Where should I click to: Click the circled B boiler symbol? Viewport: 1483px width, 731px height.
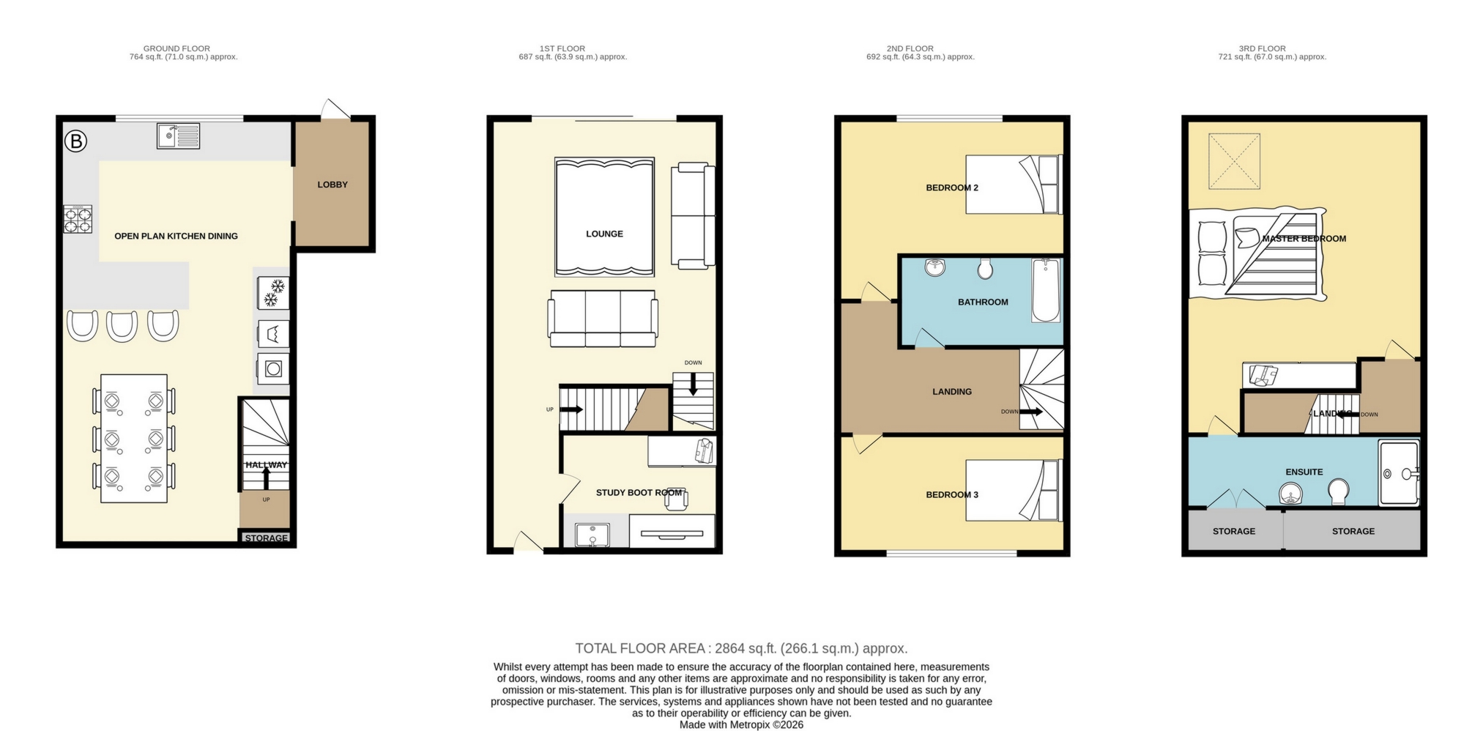click(x=75, y=141)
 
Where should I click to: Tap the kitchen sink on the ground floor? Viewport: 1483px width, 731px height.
click(x=178, y=136)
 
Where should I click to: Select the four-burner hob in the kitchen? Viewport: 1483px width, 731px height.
click(x=78, y=219)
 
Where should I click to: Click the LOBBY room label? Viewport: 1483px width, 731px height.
click(x=332, y=185)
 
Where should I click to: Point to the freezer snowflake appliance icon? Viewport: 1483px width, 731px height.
click(x=274, y=292)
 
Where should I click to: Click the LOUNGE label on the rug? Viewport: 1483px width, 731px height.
click(x=604, y=234)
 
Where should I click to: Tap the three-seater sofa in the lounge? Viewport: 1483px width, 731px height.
click(x=602, y=319)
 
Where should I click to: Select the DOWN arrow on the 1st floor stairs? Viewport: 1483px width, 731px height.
click(x=693, y=385)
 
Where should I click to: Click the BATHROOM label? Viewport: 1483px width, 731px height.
click(x=983, y=302)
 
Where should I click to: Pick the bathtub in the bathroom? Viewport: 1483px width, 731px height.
click(x=1045, y=290)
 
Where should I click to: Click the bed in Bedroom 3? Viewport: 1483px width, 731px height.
click(x=1013, y=490)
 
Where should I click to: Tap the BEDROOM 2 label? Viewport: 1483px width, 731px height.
click(x=951, y=188)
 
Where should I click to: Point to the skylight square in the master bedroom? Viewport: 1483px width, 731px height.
click(x=1234, y=161)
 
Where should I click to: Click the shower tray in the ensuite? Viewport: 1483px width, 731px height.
click(x=1399, y=473)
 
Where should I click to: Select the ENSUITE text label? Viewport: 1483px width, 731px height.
click(x=1304, y=472)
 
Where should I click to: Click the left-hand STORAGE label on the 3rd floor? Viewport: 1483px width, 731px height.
click(x=1233, y=531)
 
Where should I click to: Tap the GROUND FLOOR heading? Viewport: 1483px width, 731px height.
click(x=176, y=48)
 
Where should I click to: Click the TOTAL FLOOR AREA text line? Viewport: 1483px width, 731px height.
click(x=740, y=648)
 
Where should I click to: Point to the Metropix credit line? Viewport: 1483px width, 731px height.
click(x=740, y=724)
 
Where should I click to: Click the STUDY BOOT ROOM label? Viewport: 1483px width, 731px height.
click(x=639, y=492)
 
